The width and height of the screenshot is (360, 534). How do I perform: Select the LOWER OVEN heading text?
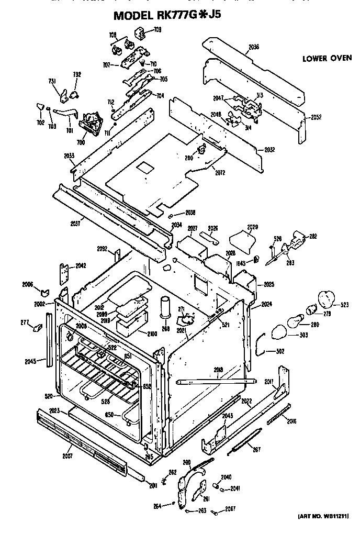(327, 58)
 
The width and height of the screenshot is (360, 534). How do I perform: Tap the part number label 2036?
(254, 47)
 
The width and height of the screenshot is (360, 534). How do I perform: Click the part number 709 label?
(157, 30)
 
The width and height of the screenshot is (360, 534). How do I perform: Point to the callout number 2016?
(291, 420)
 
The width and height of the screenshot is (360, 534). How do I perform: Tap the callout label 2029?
(253, 227)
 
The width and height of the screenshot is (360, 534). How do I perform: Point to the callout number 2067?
(231, 509)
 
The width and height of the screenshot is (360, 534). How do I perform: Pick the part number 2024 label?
(267, 304)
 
